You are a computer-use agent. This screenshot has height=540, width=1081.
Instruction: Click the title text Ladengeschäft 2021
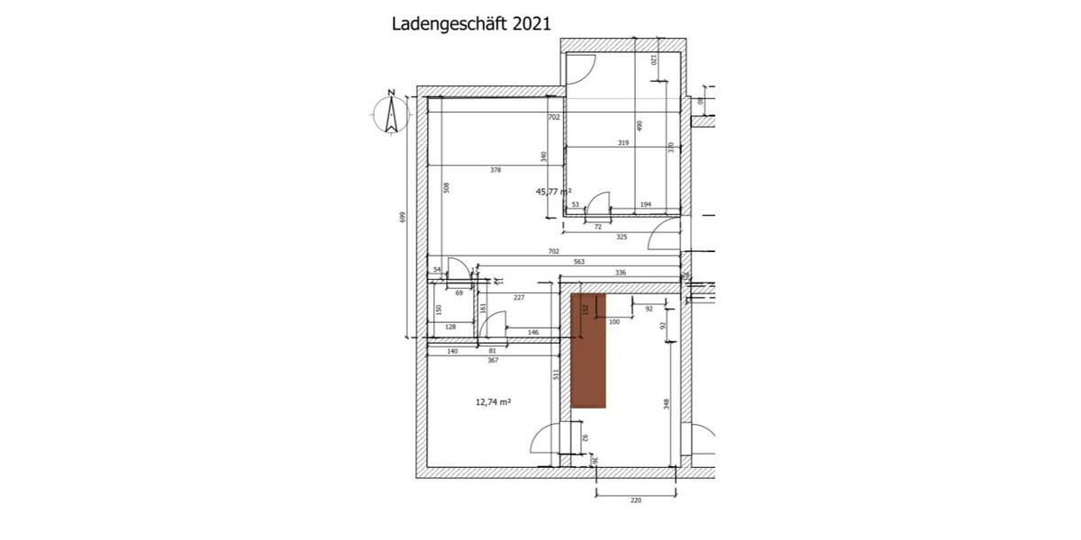pyautogui.click(x=471, y=23)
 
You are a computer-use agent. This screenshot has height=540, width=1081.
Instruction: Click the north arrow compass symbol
pyautogui.click(x=391, y=113)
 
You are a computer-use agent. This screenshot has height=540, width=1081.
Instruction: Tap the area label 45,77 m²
pyautogui.click(x=553, y=191)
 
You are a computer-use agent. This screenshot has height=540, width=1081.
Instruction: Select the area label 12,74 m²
pyautogui.click(x=493, y=402)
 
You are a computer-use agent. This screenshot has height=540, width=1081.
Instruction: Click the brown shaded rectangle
pyautogui.click(x=590, y=350)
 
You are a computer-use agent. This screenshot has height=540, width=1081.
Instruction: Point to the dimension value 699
pyautogui.click(x=403, y=218)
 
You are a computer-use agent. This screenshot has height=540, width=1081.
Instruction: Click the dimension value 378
pyautogui.click(x=495, y=170)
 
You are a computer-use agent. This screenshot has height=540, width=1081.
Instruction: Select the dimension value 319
pyautogui.click(x=622, y=143)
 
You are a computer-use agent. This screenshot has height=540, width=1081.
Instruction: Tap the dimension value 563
pyautogui.click(x=579, y=262)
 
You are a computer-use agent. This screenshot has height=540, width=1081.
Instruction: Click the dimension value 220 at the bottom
pyautogui.click(x=635, y=499)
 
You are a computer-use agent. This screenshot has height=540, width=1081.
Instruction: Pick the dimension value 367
pyautogui.click(x=493, y=360)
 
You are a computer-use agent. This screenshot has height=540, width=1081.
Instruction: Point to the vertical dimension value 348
pyautogui.click(x=667, y=404)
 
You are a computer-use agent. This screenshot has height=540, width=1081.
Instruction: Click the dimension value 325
pyautogui.click(x=622, y=237)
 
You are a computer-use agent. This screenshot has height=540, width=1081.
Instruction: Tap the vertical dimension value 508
pyautogui.click(x=446, y=187)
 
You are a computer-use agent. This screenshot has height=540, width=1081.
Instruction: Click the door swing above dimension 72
pyautogui.click(x=599, y=202)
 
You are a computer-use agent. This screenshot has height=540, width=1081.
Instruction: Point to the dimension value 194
pyautogui.click(x=645, y=205)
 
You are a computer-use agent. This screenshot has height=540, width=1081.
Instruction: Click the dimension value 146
pyautogui.click(x=532, y=332)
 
